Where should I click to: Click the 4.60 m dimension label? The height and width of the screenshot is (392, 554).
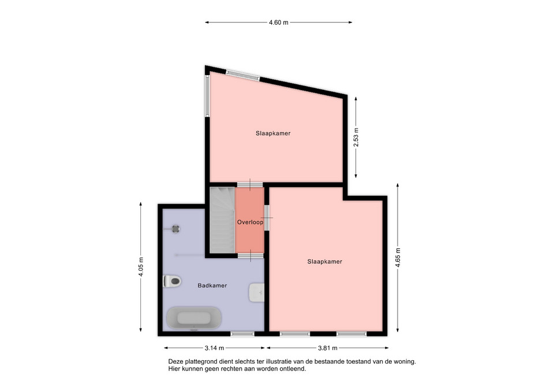coord(278,23)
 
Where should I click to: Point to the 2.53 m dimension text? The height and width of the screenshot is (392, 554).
coord(356,137)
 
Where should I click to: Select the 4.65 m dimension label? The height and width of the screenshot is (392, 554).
coord(398,258)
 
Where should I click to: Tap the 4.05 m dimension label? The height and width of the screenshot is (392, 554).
coord(141,267)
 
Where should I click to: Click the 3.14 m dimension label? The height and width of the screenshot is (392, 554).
coord(214,348)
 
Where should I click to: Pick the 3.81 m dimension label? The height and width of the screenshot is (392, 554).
coord(328,348)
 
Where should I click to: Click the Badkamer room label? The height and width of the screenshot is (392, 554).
coord(212,286)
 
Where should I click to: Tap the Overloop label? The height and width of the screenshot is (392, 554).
coord(250,222)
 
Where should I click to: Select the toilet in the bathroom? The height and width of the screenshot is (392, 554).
coord(172,281)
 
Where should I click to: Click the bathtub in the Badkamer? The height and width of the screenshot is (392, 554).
coord(194,318)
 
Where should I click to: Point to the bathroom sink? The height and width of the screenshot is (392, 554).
coord(257,292)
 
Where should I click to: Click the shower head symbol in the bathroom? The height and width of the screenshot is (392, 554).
coord(175,229)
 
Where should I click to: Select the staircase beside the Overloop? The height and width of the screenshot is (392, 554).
coord(223,220)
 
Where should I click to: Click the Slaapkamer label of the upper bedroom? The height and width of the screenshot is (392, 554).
coord(273,133)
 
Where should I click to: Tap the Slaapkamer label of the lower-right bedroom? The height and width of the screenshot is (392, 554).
coord(325,262)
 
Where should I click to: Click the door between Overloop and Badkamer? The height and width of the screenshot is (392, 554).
coord(250,256)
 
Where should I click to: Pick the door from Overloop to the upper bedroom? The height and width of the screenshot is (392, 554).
coord(250,185)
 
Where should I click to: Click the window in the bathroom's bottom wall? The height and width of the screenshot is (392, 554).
coord(242,334)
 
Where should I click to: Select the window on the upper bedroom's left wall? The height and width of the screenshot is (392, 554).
coord(207,96)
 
